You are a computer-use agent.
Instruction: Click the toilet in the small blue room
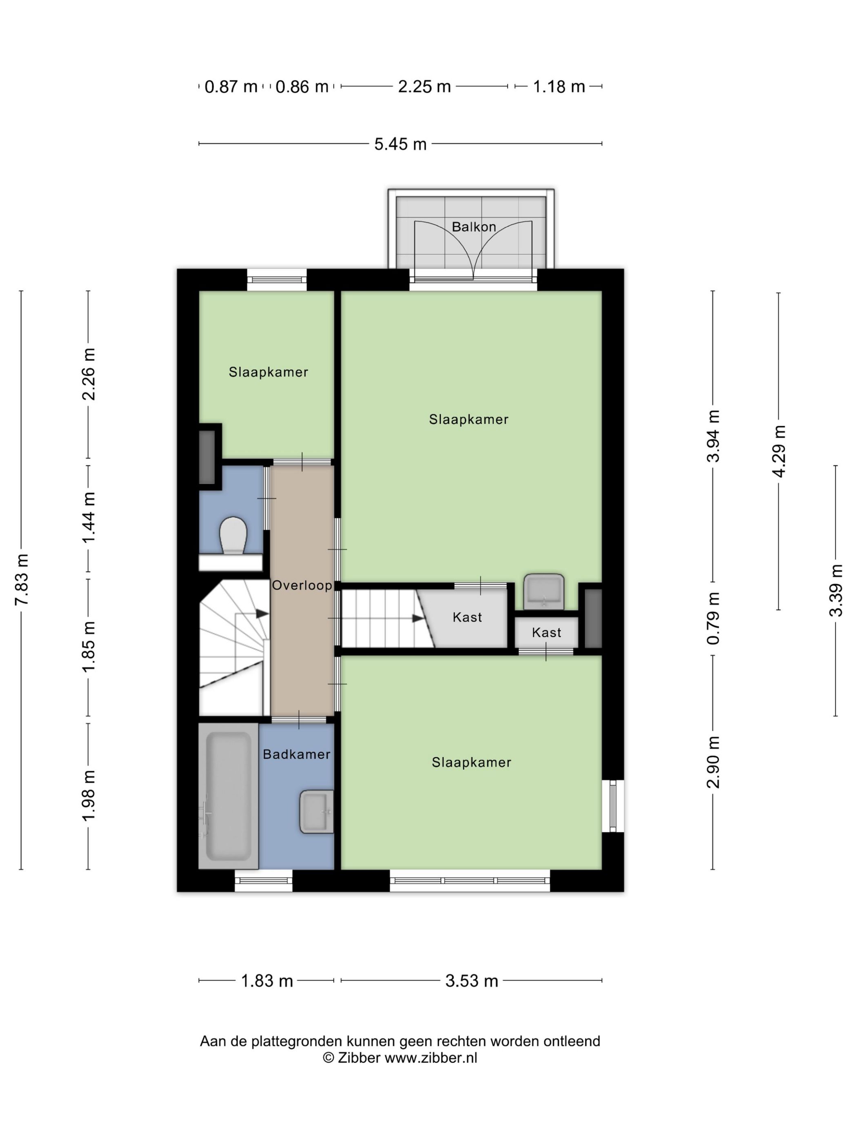point(233,535)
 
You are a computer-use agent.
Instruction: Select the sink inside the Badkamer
point(316,811)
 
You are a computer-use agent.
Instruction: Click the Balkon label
point(474,227)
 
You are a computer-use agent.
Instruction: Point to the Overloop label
point(302,585)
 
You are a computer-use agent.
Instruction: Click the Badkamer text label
point(297,754)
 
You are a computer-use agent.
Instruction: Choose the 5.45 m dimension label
point(400,144)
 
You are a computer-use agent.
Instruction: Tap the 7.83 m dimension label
point(22,579)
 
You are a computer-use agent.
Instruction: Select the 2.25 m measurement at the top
point(424,86)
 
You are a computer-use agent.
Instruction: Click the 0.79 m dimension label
point(713,618)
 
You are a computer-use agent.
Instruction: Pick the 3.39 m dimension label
point(835,591)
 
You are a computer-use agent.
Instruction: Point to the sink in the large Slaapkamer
point(544,591)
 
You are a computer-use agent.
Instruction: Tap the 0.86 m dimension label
point(302,86)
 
